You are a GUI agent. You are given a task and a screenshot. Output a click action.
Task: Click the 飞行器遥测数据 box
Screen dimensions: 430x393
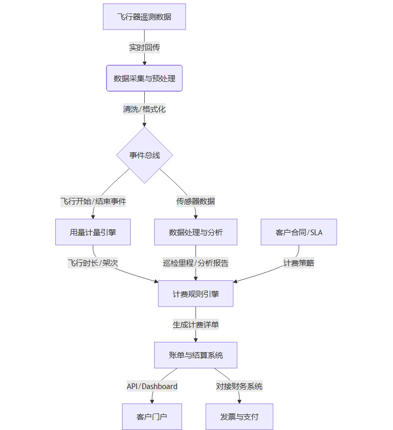coord(144,17)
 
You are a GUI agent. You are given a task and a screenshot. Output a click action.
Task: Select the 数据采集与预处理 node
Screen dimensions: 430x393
coord(144,78)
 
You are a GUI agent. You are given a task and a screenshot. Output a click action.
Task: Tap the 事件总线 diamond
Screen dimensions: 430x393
coord(144,155)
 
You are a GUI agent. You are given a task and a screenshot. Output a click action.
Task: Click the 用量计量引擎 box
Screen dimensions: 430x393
coord(93,232)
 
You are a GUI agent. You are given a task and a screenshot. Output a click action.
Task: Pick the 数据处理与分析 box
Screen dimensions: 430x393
coord(195,232)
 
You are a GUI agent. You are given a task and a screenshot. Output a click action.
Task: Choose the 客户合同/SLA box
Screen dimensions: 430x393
coord(299,232)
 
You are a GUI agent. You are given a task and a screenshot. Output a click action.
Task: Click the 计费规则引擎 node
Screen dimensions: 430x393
coord(195,294)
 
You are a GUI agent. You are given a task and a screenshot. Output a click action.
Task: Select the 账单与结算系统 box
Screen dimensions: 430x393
coord(195,355)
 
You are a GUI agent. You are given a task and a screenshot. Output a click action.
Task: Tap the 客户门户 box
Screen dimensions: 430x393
coord(152,417)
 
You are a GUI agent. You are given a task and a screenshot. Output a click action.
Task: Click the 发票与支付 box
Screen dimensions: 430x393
coord(239,417)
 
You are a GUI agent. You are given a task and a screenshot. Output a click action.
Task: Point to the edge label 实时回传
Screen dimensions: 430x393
coord(144,48)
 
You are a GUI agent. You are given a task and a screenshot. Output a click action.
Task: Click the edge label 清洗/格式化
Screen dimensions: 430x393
coord(144,109)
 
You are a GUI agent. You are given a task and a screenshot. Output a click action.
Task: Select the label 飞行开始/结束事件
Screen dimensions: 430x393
coord(93,201)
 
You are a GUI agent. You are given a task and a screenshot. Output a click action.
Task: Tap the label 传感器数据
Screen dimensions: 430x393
coord(195,201)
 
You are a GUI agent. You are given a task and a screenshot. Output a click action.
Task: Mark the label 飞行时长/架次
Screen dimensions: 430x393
coord(93,263)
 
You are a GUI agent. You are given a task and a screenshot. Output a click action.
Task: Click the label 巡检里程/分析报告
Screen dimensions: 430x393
coord(195,263)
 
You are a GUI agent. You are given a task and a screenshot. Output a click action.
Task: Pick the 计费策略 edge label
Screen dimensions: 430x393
coord(298,263)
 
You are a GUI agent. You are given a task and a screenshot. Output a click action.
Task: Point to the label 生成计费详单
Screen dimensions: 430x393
coord(195,324)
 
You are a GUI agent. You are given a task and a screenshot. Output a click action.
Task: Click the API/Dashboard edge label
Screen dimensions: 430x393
coord(152,386)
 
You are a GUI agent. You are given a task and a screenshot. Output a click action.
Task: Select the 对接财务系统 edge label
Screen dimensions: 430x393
coord(239,386)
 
